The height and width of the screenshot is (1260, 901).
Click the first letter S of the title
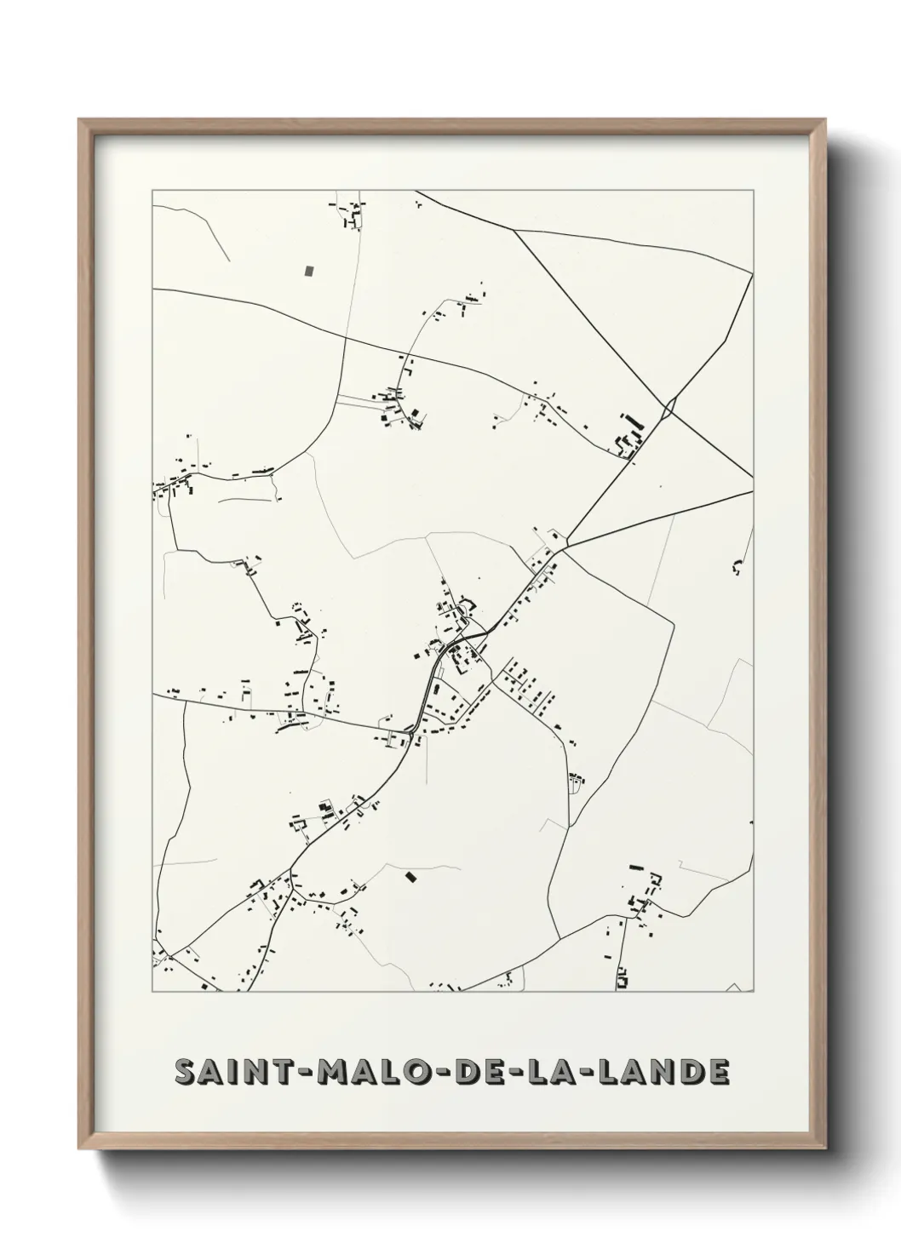185,1073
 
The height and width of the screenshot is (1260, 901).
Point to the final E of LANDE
719,1073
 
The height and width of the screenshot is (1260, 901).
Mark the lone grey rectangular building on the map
309,271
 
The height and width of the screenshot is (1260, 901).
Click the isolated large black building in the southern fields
412,876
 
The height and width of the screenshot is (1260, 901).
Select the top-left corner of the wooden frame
79,120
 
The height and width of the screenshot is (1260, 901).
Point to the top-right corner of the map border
753,191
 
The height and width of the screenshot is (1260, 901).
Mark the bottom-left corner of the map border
152,992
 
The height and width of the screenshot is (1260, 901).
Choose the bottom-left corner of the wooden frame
79,1150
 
